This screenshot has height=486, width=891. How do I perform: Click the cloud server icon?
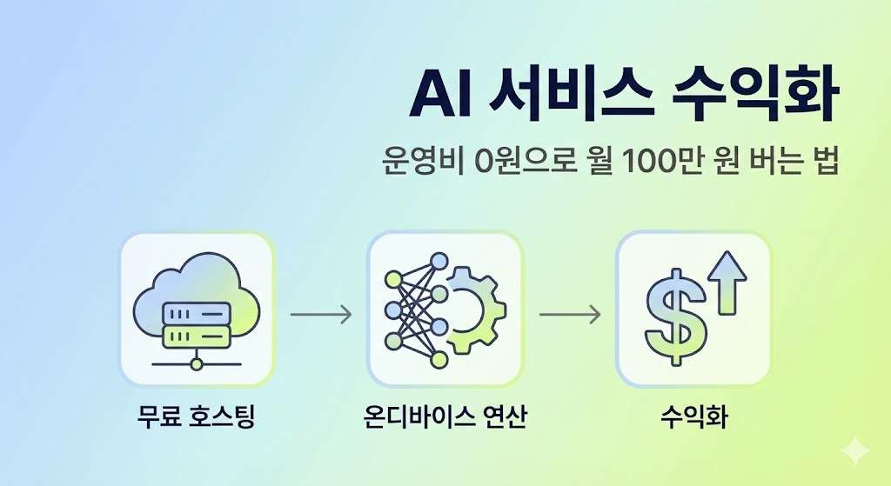pos(197,309)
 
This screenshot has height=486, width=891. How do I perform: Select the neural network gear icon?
pos(445,309)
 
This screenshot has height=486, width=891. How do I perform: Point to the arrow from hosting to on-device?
pos(320,314)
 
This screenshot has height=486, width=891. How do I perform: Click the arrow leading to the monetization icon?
pos(569,314)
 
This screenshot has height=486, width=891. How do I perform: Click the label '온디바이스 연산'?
pos(445,416)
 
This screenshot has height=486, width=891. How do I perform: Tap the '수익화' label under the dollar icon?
pos(693,416)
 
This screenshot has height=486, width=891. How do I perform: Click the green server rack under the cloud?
pos(197,335)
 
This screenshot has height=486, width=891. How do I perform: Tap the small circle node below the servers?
pos(197,363)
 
